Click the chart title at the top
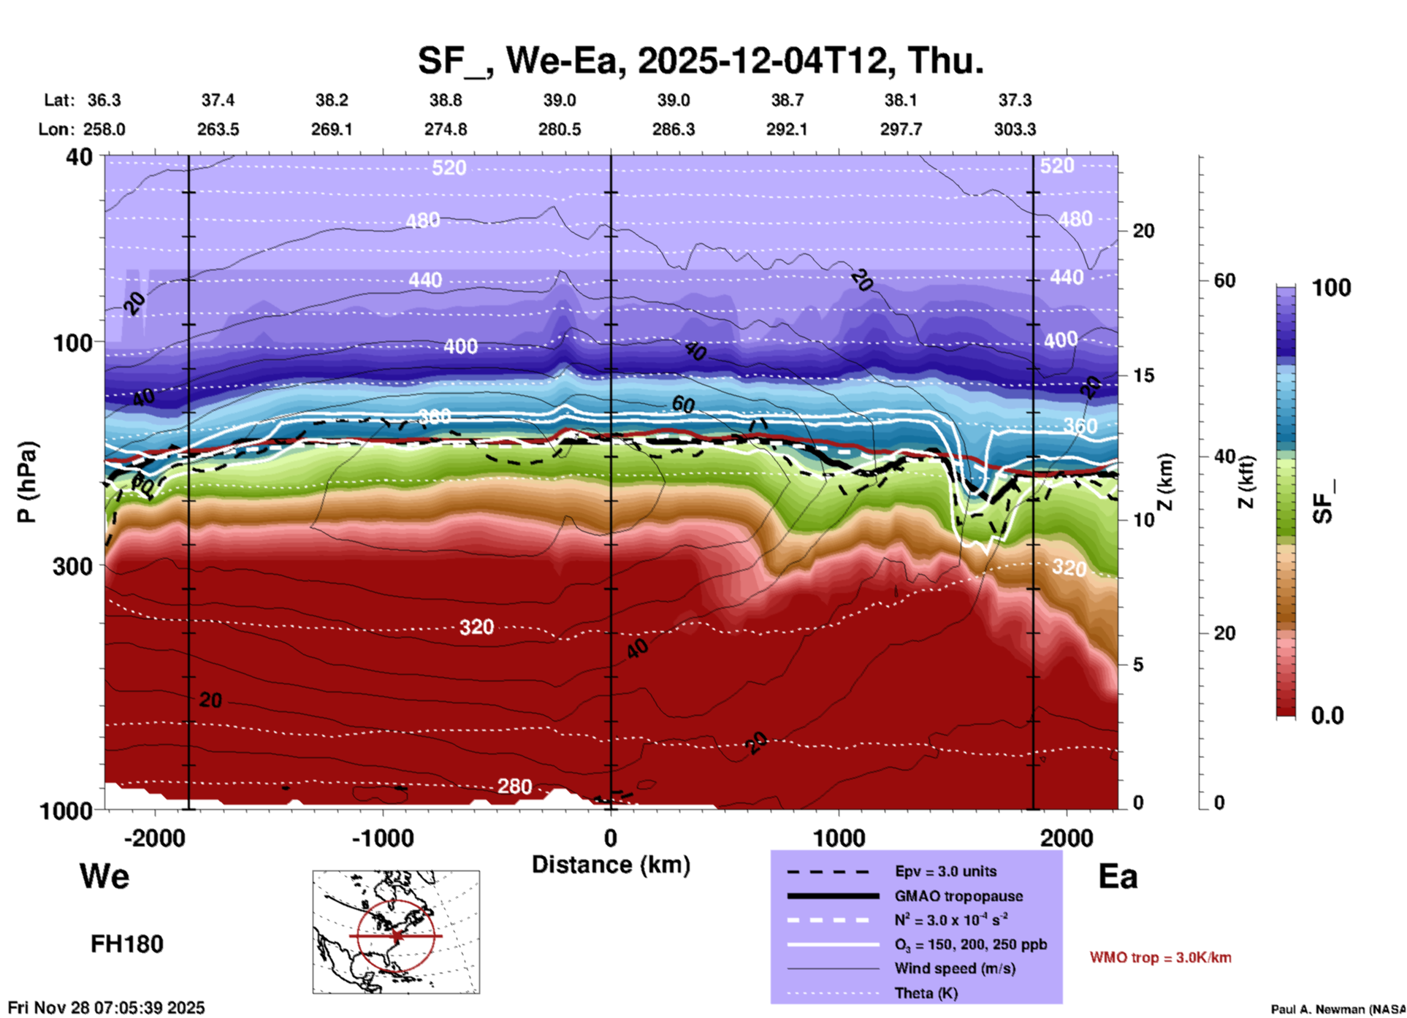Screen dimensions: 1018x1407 coord(700,61)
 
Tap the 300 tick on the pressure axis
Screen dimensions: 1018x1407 coord(74,566)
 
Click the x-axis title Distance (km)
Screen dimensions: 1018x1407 coord(611,865)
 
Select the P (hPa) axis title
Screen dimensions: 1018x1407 coord(27,482)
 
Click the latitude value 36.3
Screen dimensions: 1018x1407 coord(104,100)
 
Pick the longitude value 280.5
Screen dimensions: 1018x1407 coord(560,129)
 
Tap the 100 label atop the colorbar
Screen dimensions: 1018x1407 coord(1331,288)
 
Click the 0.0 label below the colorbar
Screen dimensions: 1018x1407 coord(1327,716)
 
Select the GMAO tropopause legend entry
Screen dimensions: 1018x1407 coord(958,896)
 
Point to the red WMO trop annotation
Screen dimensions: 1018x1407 coord(1160,957)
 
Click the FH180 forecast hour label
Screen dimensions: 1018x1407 coord(127,944)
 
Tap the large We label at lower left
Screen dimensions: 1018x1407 coord(104,876)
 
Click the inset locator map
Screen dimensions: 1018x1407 coord(396,932)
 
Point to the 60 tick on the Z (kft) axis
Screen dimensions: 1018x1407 coord(1224,280)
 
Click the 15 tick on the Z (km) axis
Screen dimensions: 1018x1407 coord(1143,375)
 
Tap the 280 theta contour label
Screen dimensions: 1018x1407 coord(514,787)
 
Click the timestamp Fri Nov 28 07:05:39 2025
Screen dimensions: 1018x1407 coord(107,1008)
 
